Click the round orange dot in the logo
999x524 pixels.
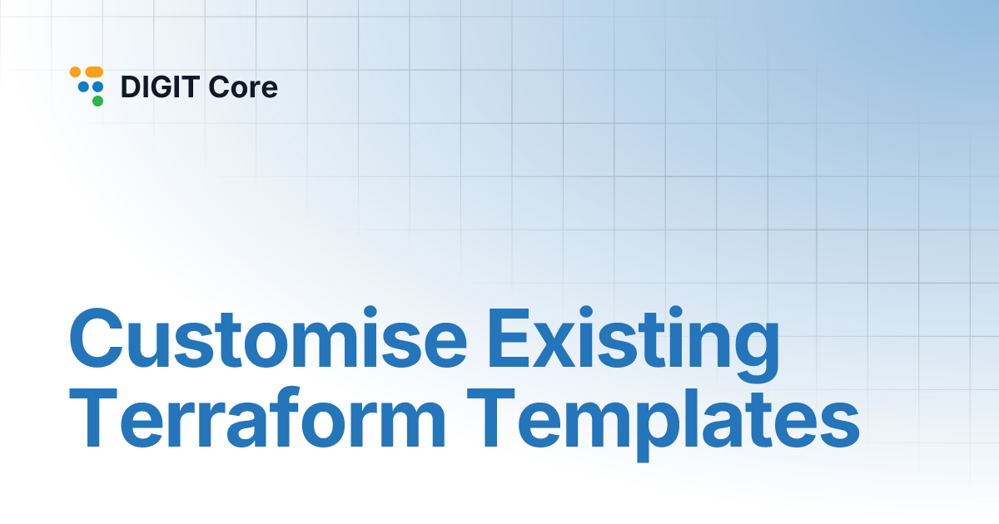click(x=76, y=72)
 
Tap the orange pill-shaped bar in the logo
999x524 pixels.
click(x=94, y=72)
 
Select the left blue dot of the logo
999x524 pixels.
click(x=83, y=87)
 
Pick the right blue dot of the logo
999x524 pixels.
click(x=97, y=87)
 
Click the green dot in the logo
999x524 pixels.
click(x=97, y=101)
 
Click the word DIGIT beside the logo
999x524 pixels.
click(x=160, y=87)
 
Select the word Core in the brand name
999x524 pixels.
click(x=243, y=87)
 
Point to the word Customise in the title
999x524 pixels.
click(x=268, y=338)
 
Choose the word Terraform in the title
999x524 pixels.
click(x=258, y=418)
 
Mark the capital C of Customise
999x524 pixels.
click(x=96, y=339)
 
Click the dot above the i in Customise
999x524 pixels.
click(x=370, y=313)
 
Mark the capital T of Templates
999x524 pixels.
click(x=491, y=418)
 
